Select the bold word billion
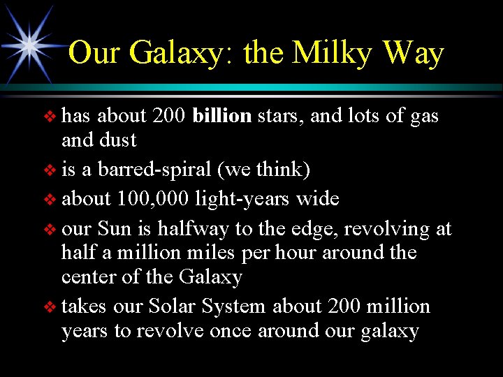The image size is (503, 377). point(221,115)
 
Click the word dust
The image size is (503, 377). point(118,140)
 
